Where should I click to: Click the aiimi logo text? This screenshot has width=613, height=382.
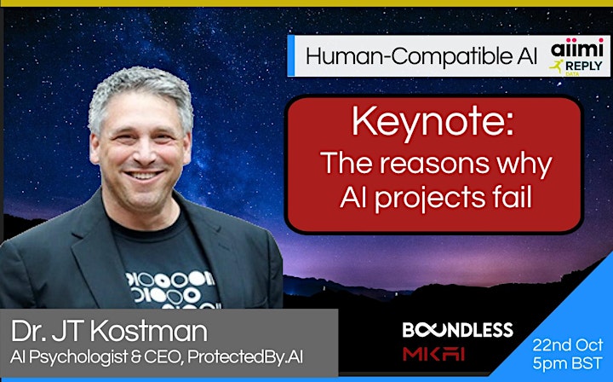point(576,48)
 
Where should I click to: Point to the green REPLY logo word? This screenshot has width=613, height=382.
point(584,67)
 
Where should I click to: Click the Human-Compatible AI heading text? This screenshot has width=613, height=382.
point(421,56)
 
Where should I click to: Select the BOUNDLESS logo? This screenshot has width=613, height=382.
point(457,330)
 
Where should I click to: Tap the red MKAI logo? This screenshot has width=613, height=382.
point(433,354)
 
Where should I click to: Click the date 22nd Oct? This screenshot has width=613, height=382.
point(567,345)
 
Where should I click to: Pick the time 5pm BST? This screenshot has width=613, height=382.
point(567,363)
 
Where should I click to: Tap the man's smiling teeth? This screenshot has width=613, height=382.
point(143,175)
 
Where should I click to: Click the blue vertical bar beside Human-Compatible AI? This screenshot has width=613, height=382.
point(291,55)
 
